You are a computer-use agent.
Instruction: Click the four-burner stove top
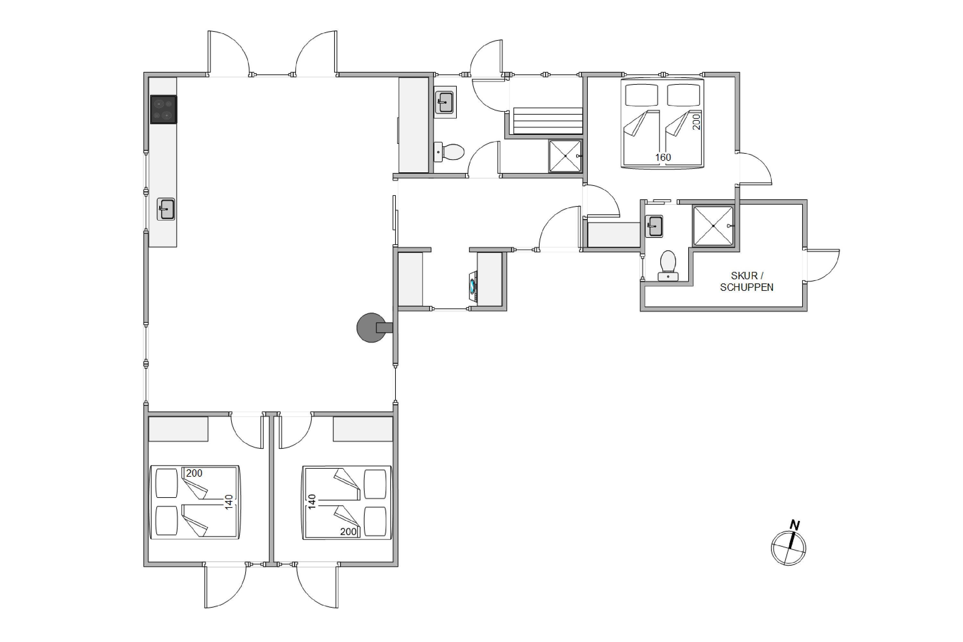(163, 109)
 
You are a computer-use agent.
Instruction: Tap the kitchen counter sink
(166, 209)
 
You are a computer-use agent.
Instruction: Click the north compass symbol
(788, 548)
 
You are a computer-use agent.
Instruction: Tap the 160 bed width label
(663, 157)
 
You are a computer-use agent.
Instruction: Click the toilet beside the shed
(668, 266)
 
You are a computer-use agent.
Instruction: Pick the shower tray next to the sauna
(565, 156)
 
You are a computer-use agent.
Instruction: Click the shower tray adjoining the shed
(713, 226)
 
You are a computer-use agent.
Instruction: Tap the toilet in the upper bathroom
(449, 152)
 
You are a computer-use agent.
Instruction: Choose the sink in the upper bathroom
(445, 102)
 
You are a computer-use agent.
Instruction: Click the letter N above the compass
(795, 525)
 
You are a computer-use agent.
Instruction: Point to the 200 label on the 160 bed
(697, 122)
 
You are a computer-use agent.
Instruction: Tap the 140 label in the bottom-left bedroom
(229, 502)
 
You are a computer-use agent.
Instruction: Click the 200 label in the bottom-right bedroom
(348, 532)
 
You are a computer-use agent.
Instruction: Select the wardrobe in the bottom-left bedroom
(178, 429)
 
